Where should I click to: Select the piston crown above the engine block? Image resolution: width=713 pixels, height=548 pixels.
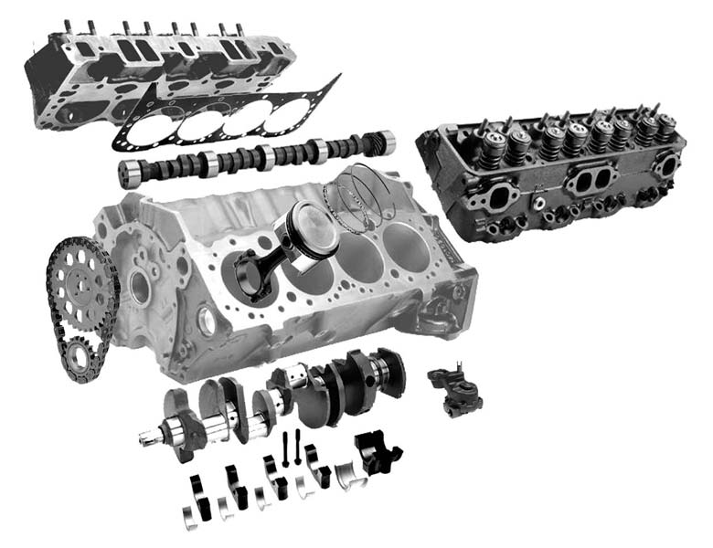306,225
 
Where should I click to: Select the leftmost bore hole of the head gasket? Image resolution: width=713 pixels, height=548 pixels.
149,129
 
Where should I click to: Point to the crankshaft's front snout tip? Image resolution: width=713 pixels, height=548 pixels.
146,438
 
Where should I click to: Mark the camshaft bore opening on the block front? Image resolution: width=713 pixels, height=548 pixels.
140,288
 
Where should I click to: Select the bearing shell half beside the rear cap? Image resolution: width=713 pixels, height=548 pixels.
347,470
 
